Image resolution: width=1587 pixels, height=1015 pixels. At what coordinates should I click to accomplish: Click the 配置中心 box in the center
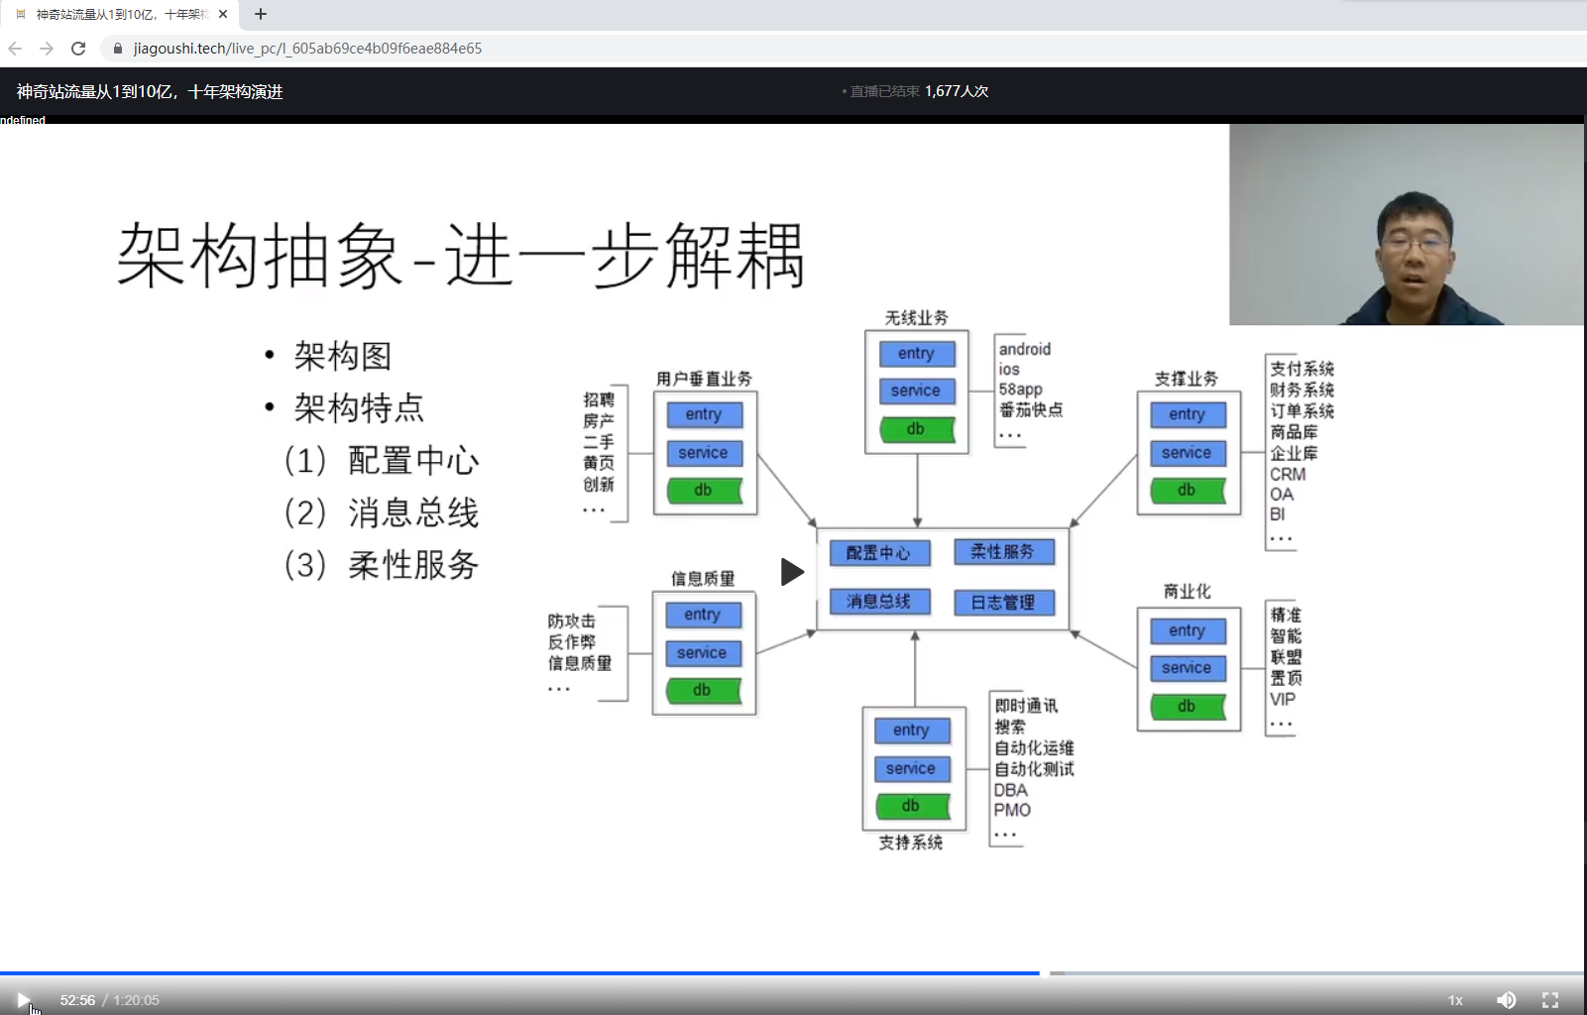(878, 553)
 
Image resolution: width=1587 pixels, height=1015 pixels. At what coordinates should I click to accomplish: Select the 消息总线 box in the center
(878, 602)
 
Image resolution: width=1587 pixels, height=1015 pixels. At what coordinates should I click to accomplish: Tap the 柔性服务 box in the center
(1002, 552)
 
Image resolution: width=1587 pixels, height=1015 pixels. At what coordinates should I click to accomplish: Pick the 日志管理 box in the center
(1002, 603)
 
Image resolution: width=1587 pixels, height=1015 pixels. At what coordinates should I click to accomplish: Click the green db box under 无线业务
(916, 429)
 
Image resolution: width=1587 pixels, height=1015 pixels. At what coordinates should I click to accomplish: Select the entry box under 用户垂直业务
(704, 414)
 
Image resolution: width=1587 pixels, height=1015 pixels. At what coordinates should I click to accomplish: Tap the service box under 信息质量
(702, 653)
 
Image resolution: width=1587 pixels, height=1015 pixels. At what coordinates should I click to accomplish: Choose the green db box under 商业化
(1187, 707)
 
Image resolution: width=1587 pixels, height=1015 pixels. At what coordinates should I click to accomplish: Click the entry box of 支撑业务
(1187, 414)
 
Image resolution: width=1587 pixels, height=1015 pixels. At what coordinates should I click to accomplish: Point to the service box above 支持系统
(911, 769)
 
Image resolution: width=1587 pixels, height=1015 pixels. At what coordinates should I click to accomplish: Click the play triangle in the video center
(791, 572)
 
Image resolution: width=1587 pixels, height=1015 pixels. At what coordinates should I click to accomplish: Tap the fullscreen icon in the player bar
(1550, 1000)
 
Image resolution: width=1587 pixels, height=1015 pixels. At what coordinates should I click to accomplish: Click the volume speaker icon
(1506, 1000)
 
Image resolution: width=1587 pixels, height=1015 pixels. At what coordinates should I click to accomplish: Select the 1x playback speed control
(1455, 1000)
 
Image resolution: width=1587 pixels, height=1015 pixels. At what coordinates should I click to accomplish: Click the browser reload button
(78, 49)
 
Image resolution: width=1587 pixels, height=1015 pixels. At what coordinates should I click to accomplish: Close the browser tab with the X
(223, 14)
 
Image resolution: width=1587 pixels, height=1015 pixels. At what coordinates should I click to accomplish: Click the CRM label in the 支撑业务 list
(1288, 475)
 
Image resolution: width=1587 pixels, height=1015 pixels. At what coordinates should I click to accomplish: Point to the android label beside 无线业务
(1024, 349)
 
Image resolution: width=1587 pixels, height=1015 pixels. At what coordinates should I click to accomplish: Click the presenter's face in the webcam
(1415, 243)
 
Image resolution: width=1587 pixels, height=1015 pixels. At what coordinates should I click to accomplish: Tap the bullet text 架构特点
(359, 407)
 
